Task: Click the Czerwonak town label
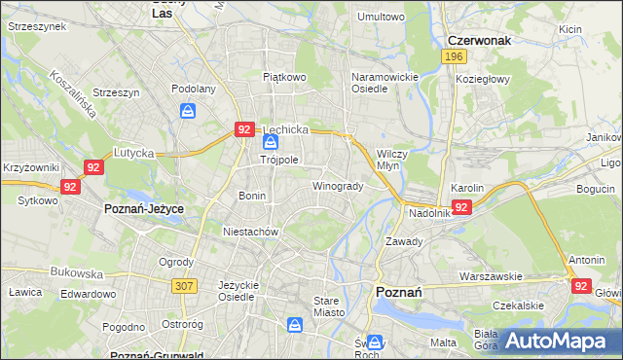480,41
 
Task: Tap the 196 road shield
453,58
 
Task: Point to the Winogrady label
337,186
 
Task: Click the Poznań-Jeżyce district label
144,209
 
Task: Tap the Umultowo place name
381,17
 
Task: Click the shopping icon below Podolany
186,110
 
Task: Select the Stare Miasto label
326,306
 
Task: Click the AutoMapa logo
559,341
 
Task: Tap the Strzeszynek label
36,26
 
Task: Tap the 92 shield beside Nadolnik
462,207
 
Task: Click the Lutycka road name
135,153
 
